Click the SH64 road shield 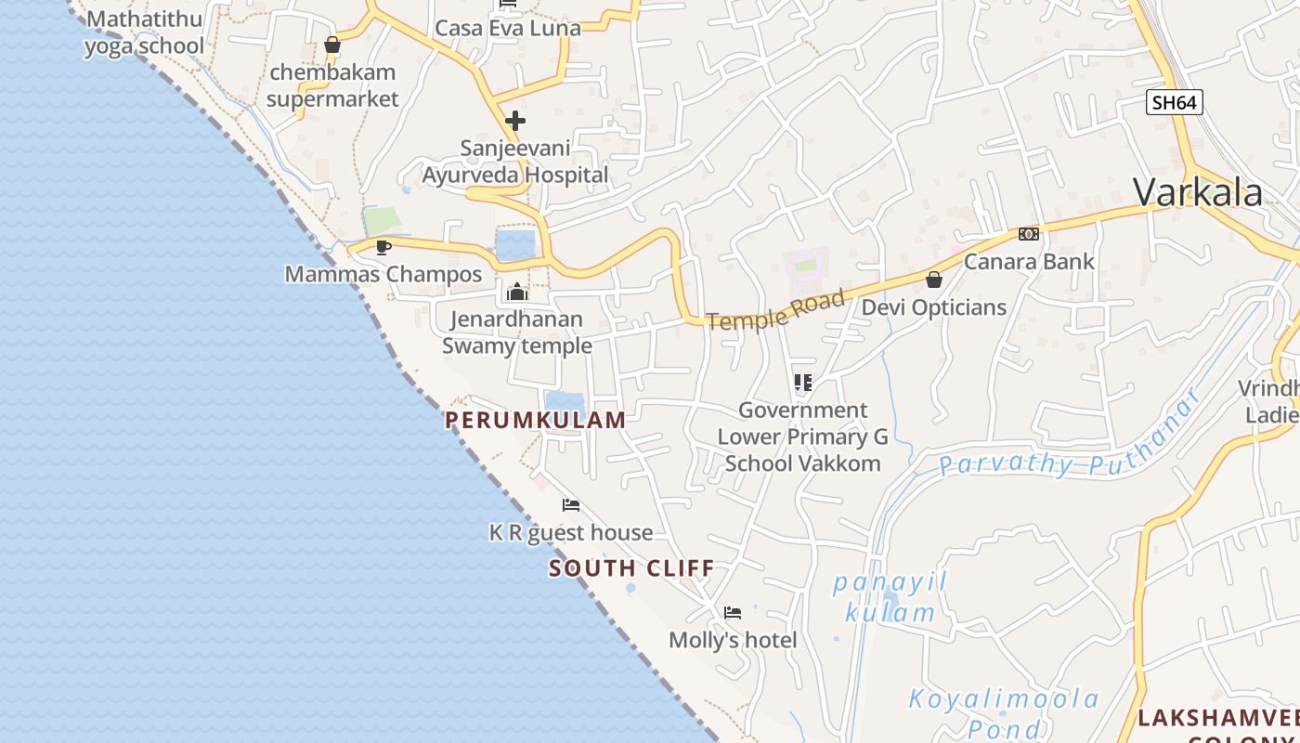pyautogui.click(x=1175, y=102)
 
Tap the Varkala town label pyautogui.click(x=1198, y=192)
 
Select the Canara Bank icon pyautogui.click(x=1028, y=234)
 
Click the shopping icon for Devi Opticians pyautogui.click(x=934, y=280)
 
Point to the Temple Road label pyautogui.click(x=776, y=309)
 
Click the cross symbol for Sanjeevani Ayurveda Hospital pyautogui.click(x=515, y=121)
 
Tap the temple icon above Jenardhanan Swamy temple pyautogui.click(x=517, y=293)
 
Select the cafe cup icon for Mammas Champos pyautogui.click(x=383, y=247)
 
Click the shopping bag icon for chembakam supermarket pyautogui.click(x=332, y=45)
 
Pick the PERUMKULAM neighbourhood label pyautogui.click(x=536, y=420)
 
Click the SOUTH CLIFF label pyautogui.click(x=631, y=568)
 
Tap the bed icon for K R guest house pyautogui.click(x=571, y=505)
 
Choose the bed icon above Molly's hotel pyautogui.click(x=733, y=613)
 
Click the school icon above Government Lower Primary pyautogui.click(x=803, y=383)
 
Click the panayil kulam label pyautogui.click(x=890, y=597)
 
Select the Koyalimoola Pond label pyautogui.click(x=1003, y=712)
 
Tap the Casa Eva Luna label pyautogui.click(x=508, y=28)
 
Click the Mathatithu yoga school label pyautogui.click(x=144, y=33)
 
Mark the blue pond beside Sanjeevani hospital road pyautogui.click(x=515, y=245)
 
